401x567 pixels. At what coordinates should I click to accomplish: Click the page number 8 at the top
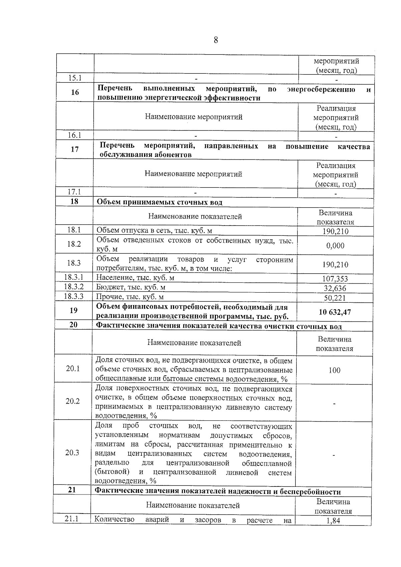click(x=216, y=40)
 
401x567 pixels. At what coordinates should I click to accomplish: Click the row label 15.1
click(x=75, y=78)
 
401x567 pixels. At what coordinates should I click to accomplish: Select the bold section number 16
click(x=75, y=92)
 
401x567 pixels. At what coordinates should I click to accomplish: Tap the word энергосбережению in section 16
click(x=321, y=89)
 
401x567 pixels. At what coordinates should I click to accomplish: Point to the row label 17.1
click(x=74, y=192)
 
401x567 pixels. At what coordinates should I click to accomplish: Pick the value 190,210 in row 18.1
click(x=336, y=231)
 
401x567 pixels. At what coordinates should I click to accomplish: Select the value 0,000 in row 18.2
click(x=335, y=246)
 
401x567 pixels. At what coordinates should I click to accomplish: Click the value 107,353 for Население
click(x=335, y=279)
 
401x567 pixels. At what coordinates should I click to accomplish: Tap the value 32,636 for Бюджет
click(x=335, y=288)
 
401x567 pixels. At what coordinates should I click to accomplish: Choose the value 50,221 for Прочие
click(x=335, y=298)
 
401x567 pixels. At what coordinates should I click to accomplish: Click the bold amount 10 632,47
click(x=335, y=312)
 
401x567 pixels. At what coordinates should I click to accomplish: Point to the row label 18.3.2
click(x=74, y=287)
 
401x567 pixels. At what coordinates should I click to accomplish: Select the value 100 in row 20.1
click(x=335, y=370)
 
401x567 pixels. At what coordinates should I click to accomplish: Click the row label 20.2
click(x=73, y=401)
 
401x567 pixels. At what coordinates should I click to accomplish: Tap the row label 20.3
click(x=72, y=453)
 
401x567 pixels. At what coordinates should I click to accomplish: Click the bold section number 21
click(x=72, y=490)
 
